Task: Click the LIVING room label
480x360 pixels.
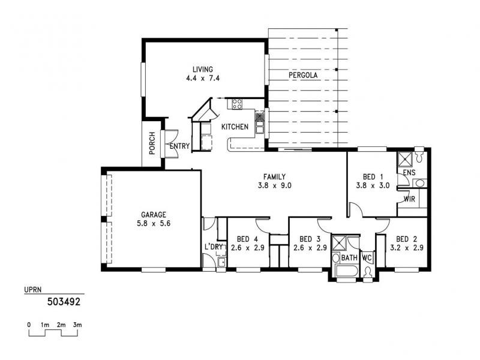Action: [202, 69]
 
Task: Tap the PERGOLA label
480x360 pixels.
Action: [302, 76]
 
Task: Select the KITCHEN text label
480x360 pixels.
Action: [235, 127]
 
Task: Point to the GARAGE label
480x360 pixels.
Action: [154, 214]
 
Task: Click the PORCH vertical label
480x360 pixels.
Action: [152, 143]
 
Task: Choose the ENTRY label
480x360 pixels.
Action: [179, 146]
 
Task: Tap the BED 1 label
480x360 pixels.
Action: [373, 176]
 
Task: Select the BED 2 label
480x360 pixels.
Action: [406, 238]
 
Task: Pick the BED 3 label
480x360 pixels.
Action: [308, 238]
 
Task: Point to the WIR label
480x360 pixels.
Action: [410, 199]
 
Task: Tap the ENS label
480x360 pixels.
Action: [409, 173]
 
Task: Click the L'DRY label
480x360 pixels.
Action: [214, 247]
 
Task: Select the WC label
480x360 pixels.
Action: [367, 258]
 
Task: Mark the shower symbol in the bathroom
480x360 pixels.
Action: [340, 244]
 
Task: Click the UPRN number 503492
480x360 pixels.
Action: [64, 302]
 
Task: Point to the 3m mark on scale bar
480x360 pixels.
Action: [77, 325]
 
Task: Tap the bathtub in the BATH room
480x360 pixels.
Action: [346, 273]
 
